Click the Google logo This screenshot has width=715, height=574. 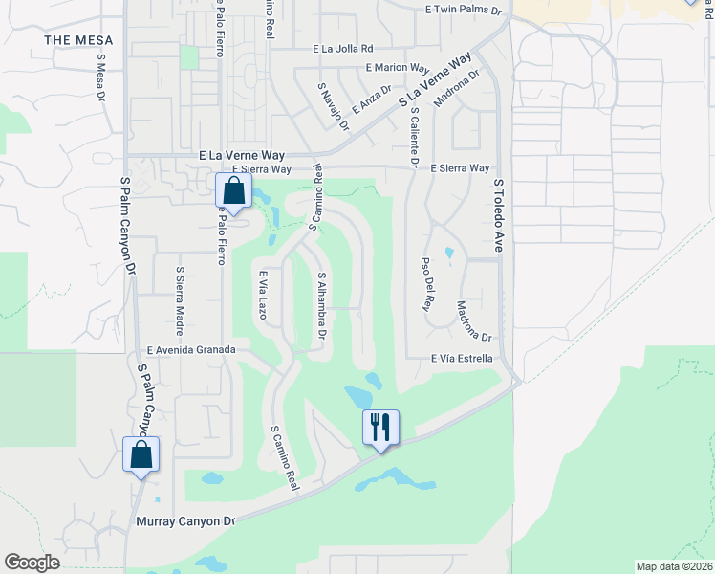(x=32, y=563)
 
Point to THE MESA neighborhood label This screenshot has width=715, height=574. (x=78, y=40)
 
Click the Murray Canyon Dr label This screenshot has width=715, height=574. (x=185, y=521)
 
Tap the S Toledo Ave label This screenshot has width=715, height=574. (x=498, y=215)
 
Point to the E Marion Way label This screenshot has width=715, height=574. (x=398, y=68)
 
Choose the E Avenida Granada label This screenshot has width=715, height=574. (x=190, y=351)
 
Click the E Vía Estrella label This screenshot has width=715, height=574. (x=462, y=359)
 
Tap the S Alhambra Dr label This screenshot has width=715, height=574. (x=322, y=305)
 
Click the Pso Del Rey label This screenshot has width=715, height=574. (x=427, y=283)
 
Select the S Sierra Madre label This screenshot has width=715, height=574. (x=179, y=297)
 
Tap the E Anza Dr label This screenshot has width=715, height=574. (x=372, y=100)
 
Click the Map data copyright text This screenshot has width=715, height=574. (x=674, y=565)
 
